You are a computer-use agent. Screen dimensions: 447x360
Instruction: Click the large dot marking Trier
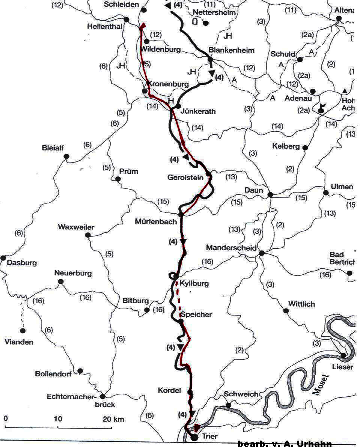point(194,437)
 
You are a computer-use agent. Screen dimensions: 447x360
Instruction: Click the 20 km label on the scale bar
point(113,419)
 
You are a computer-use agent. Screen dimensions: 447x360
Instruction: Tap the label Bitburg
point(136,301)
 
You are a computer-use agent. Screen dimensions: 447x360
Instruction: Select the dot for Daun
point(270,194)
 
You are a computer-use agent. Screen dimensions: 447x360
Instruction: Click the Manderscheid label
point(231,248)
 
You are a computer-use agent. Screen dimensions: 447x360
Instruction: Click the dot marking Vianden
point(23,331)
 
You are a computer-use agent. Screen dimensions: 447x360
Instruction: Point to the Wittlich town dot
point(286,311)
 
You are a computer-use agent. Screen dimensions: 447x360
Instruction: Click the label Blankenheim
point(231,50)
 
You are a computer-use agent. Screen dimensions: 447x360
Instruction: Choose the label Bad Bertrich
point(342,258)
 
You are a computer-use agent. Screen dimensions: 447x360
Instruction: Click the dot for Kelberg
point(305,148)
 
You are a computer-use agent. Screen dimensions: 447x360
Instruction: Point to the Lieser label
point(342,367)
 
